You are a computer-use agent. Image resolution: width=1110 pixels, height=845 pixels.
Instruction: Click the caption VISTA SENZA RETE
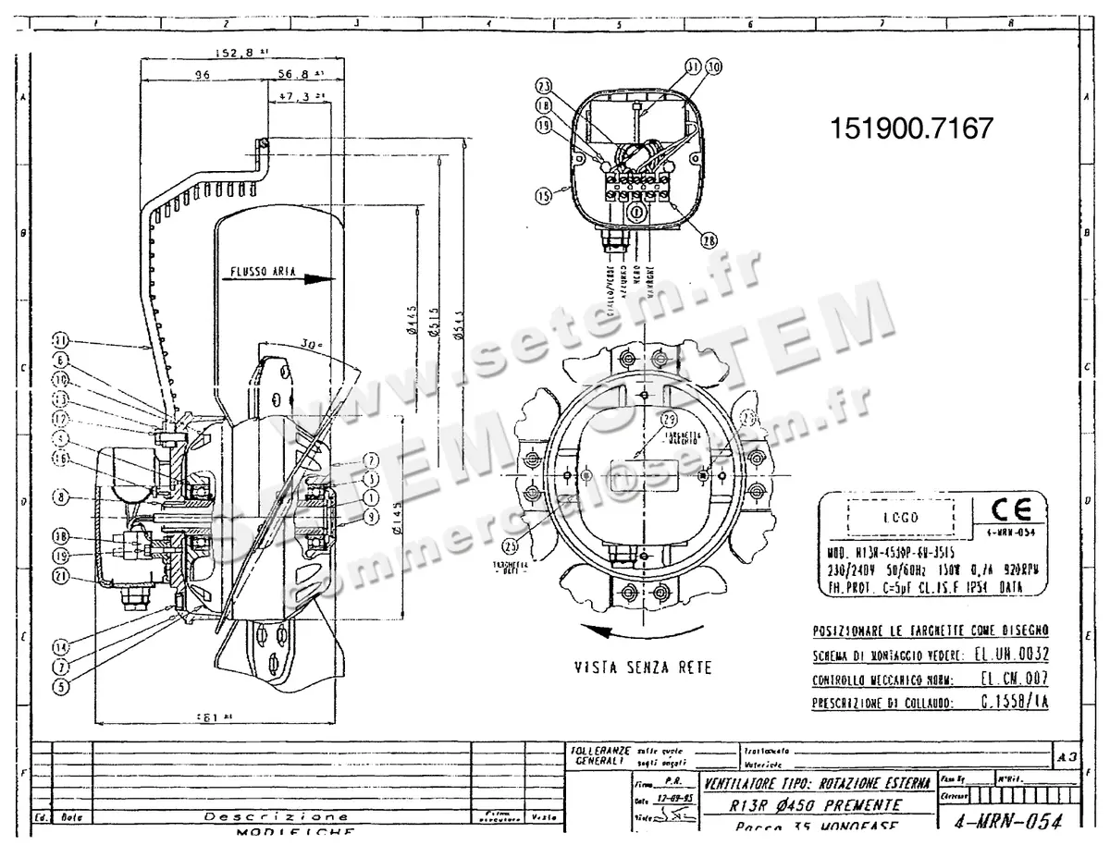pyautogui.click(x=643, y=667)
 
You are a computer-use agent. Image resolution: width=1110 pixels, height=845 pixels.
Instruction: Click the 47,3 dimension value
pyautogui.click(x=295, y=95)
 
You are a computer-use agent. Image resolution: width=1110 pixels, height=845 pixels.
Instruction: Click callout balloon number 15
pyautogui.click(x=543, y=195)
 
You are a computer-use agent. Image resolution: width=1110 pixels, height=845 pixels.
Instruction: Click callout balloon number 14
pyautogui.click(x=61, y=647)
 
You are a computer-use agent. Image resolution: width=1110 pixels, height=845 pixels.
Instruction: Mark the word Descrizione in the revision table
pyautogui.click(x=277, y=817)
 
